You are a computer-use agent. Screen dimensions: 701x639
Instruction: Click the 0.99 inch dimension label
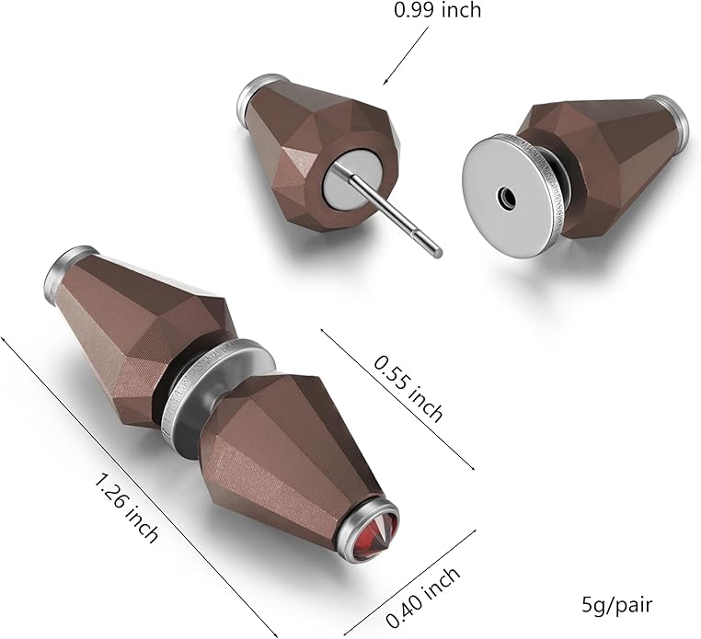(437, 9)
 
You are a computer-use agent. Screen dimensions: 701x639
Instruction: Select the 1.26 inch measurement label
(126, 508)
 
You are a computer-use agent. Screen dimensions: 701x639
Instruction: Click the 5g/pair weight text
(617, 605)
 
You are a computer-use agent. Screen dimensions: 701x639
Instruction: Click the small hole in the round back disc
(507, 195)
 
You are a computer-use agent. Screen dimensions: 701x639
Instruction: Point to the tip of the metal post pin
(438, 254)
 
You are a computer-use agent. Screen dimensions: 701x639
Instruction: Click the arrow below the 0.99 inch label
(405, 56)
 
